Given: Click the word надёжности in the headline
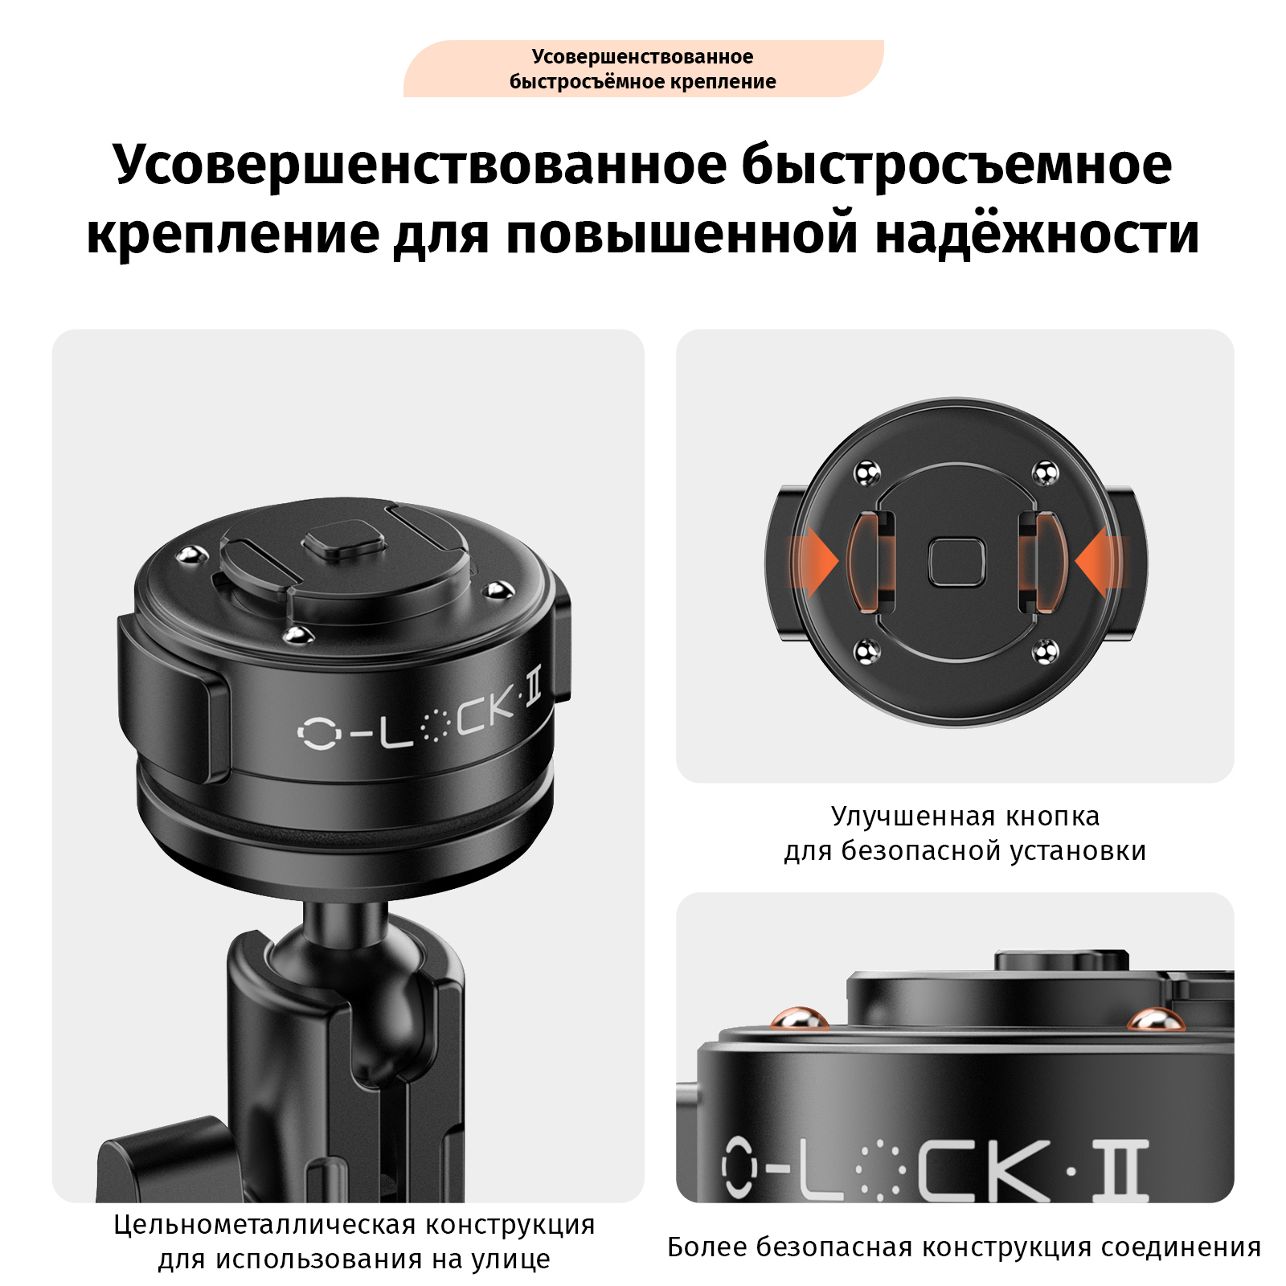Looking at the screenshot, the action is coord(1037,234).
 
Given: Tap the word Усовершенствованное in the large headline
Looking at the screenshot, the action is coord(420,166).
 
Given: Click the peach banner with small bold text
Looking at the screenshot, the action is coord(643,69).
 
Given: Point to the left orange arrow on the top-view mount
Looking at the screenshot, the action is coord(815,561).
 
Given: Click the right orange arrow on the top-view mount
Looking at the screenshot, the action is coord(1099,561).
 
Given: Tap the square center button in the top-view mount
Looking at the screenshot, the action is coord(956,562).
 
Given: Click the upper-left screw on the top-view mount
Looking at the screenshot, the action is coord(866,473).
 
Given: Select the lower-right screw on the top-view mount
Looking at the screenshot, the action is coord(1045,652).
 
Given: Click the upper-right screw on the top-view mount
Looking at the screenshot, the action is coord(1045,473).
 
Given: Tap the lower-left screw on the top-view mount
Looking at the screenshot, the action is coord(866,652).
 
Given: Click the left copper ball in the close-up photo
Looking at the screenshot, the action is coord(800,1019).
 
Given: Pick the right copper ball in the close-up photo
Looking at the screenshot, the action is coord(1154,1019).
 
